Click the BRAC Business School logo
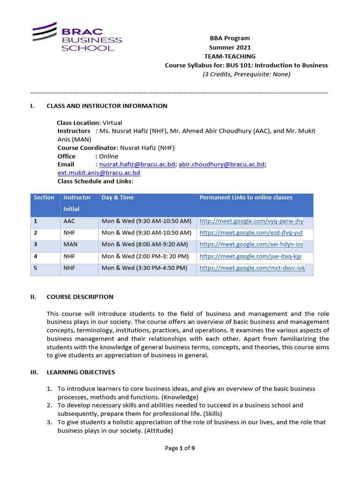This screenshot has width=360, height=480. click(x=77, y=37)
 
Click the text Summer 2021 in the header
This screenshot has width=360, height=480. click(x=230, y=47)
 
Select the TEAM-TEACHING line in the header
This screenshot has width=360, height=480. click(x=230, y=56)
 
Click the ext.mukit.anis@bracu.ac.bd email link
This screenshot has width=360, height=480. click(x=98, y=173)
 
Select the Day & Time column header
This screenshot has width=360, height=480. click(x=117, y=198)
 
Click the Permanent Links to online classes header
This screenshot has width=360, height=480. click(x=246, y=198)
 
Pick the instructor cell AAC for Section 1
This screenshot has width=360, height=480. click(x=68, y=221)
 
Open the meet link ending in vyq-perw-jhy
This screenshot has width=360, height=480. click(x=251, y=221)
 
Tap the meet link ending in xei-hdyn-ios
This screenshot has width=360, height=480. click(x=251, y=245)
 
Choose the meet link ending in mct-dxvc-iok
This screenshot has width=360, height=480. click(x=252, y=268)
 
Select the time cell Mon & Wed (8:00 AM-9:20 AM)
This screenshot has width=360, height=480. click(x=144, y=245)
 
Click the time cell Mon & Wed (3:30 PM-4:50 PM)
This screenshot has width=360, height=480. click(x=144, y=268)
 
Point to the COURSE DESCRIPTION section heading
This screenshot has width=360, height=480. click(x=80, y=297)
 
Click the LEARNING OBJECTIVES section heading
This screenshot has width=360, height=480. click(x=81, y=372)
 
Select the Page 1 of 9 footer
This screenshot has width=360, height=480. click(x=180, y=448)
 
